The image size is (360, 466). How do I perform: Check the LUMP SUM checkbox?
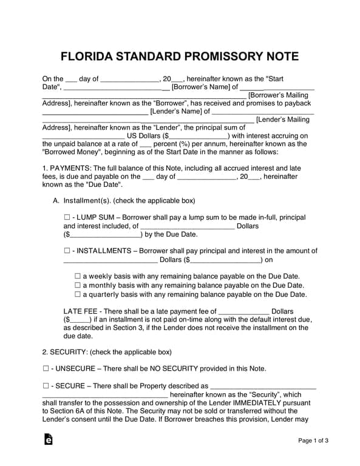67,217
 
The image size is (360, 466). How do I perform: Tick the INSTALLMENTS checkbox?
67,251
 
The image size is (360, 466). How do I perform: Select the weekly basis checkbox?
77,275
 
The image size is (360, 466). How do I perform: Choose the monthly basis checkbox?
77,285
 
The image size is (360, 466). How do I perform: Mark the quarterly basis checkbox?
77,294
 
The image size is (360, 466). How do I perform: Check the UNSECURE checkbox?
46,368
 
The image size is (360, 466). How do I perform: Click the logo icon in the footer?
47,440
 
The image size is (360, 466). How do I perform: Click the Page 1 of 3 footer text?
313,441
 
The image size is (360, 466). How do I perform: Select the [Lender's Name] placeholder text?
175,112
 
